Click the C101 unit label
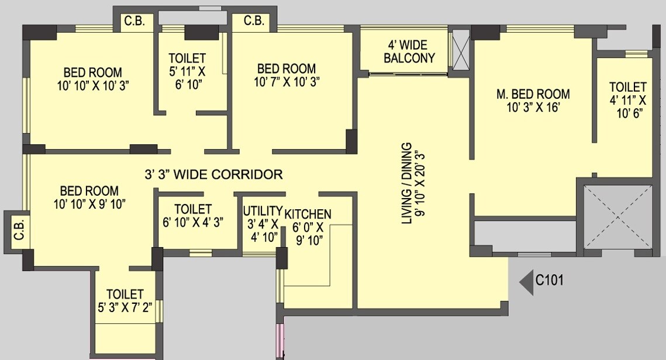[x=550, y=281]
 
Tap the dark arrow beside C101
[x=526, y=281]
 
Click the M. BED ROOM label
[x=533, y=94]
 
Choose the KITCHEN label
[x=308, y=214]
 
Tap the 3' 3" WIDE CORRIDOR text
[x=213, y=174]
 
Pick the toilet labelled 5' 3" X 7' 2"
[x=125, y=301]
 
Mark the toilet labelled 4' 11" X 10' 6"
[x=628, y=99]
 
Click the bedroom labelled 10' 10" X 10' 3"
[x=93, y=79]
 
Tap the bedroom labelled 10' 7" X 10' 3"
[x=286, y=75]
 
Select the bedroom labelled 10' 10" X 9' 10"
[x=89, y=198]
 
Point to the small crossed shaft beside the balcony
[x=461, y=50]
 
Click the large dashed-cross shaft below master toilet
[x=618, y=216]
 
